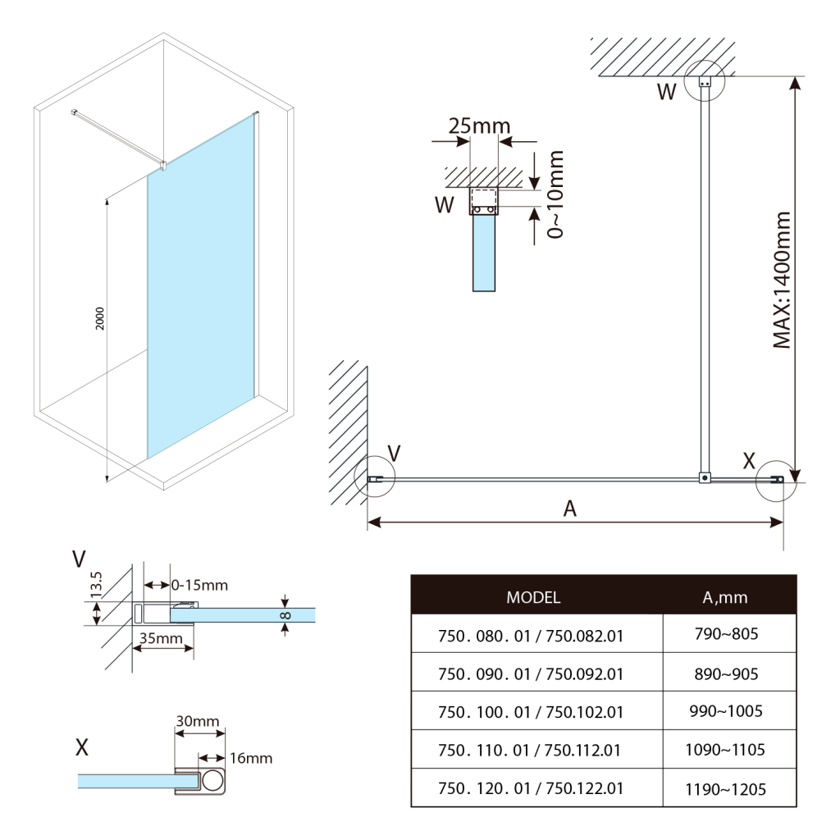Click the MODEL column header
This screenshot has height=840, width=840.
point(533,596)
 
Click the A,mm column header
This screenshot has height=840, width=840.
point(726,596)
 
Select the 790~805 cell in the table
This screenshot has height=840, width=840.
point(726,634)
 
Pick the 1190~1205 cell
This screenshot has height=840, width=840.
point(726,789)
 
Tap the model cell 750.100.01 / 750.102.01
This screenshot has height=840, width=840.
point(531,711)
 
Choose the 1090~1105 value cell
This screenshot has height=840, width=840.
point(726,750)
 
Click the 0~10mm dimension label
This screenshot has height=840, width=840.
point(556,194)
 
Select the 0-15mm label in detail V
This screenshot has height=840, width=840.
point(200,585)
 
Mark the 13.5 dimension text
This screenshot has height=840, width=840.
point(96,586)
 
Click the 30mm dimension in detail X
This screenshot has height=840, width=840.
point(197,721)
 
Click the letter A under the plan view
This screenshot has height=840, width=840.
point(570,509)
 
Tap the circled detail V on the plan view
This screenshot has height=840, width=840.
point(375,477)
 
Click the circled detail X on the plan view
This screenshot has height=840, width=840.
point(775,481)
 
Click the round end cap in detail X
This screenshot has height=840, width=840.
point(212,781)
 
